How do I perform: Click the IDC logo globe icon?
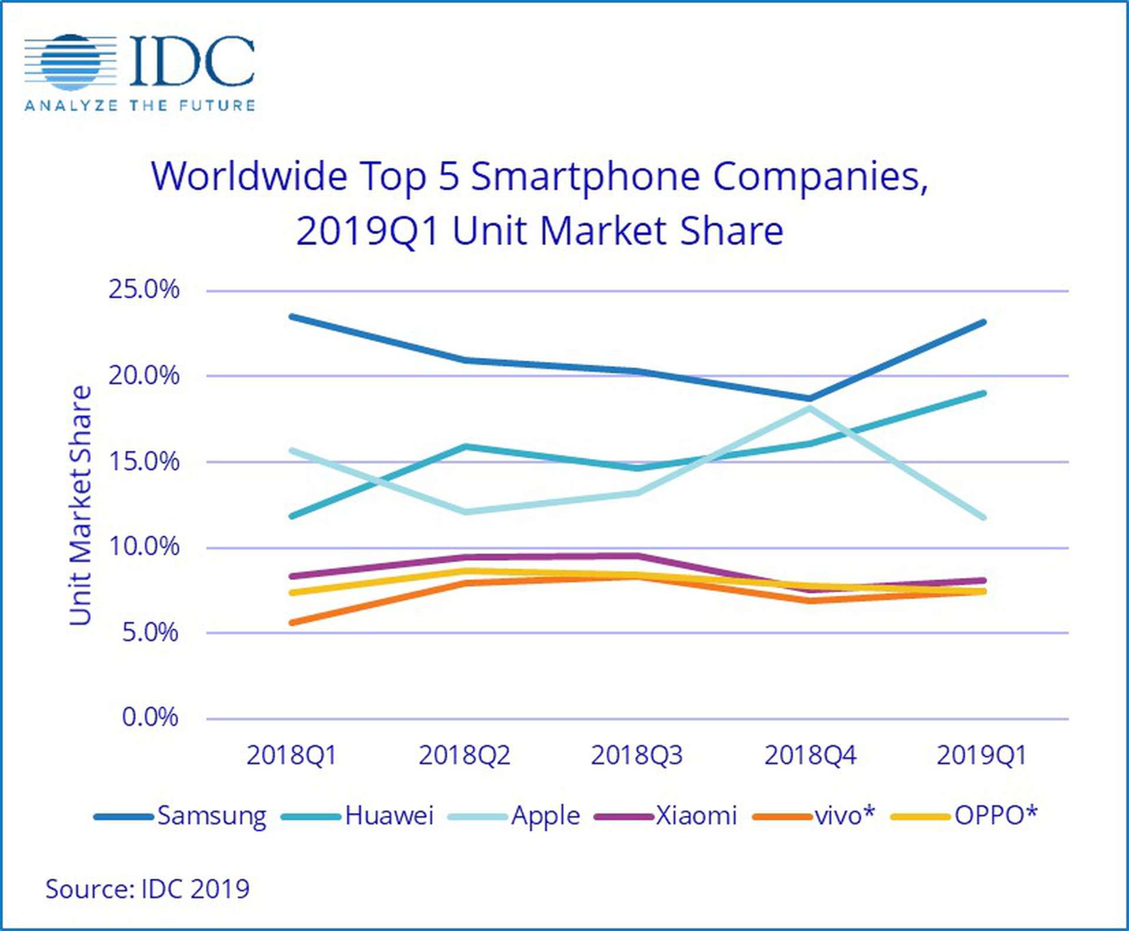pyautogui.click(x=71, y=62)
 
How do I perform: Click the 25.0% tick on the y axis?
pyautogui.click(x=144, y=290)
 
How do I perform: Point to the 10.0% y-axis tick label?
pyautogui.click(x=144, y=547)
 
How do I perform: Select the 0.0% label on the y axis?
pyautogui.click(x=149, y=717)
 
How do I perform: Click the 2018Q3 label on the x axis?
pyautogui.click(x=637, y=755)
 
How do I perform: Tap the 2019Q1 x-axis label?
pyautogui.click(x=981, y=755)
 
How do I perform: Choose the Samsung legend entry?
pyautogui.click(x=211, y=816)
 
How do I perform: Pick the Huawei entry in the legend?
pyautogui.click(x=388, y=816)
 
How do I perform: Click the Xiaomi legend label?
pyautogui.click(x=695, y=816)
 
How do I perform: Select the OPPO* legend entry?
pyautogui.click(x=994, y=816)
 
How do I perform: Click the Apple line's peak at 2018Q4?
pyautogui.click(x=810, y=408)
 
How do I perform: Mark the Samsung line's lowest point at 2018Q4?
pyautogui.click(x=810, y=398)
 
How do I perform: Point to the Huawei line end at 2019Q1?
pyautogui.click(x=983, y=393)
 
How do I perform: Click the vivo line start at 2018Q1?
pyautogui.click(x=292, y=622)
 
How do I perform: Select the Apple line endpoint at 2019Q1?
pyautogui.click(x=983, y=517)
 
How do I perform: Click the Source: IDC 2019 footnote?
pyautogui.click(x=148, y=889)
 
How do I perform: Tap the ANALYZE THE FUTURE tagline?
pyautogui.click(x=140, y=106)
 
